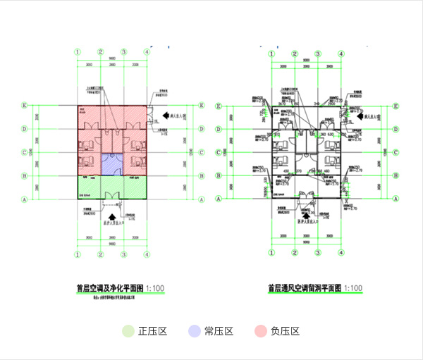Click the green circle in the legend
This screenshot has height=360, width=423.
[x=128, y=330]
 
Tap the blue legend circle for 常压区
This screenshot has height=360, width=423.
[x=194, y=330]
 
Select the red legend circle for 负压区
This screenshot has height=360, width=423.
[x=260, y=330]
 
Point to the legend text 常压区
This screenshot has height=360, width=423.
[x=219, y=331]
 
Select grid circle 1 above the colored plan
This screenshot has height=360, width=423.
[x=79, y=52]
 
